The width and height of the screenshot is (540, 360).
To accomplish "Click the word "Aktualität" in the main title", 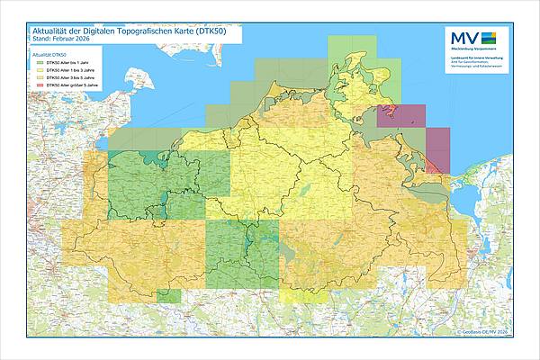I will pos(52,31).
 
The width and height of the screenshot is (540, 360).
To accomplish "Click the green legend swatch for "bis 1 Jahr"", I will pos(40,63).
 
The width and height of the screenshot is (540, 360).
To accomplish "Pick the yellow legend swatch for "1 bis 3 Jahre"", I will pos(40,71).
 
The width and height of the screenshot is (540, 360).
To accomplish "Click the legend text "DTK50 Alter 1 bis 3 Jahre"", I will pos(70,71).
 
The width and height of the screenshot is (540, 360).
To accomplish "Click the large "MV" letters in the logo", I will pos(463,37).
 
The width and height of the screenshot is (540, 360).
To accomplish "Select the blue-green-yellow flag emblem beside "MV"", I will pos(489,37).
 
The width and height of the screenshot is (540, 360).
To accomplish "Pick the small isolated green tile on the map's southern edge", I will pos(167,294).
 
